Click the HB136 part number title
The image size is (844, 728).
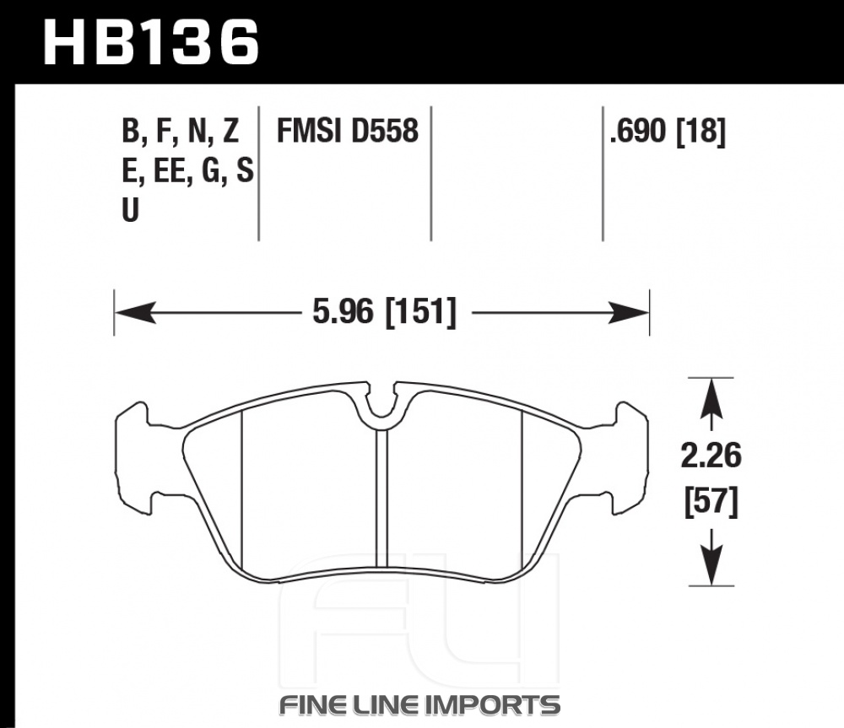151,43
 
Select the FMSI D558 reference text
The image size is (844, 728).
347,131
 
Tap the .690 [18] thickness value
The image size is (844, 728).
668,131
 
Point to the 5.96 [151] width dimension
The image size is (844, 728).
384,311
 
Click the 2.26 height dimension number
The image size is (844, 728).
711,456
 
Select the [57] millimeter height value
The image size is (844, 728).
711,501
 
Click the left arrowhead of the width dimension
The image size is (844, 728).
135,312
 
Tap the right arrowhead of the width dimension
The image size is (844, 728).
628,312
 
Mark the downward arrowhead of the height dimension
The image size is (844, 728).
711,564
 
